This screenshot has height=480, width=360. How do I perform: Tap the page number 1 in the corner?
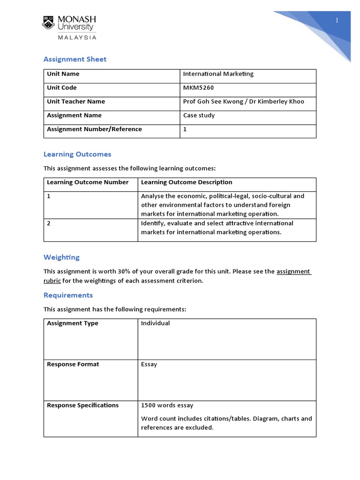tap(337, 20)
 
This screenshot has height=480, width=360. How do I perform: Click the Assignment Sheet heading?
tap(75, 59)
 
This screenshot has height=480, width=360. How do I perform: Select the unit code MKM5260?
tap(195, 88)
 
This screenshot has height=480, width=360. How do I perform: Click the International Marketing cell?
tap(218, 74)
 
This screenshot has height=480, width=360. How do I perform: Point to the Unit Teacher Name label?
tap(76, 101)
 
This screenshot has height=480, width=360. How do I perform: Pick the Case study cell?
tap(199, 115)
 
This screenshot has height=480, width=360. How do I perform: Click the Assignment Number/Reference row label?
tap(94, 129)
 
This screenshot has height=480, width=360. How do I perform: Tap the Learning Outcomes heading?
tap(77, 154)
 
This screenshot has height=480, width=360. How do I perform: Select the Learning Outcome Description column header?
tap(187, 182)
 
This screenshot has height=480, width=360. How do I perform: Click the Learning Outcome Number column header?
tap(88, 182)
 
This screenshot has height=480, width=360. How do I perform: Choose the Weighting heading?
tap(61, 257)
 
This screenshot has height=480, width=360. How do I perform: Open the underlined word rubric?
tap(52, 281)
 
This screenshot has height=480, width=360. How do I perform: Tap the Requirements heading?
tap(68, 295)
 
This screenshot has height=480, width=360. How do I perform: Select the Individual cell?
tap(155, 323)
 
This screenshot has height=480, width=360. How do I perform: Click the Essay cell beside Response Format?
tap(149, 364)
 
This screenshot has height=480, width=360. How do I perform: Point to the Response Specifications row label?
tap(82, 405)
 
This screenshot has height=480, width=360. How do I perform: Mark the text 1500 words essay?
tap(167, 405)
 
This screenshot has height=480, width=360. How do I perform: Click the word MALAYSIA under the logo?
tap(77, 37)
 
